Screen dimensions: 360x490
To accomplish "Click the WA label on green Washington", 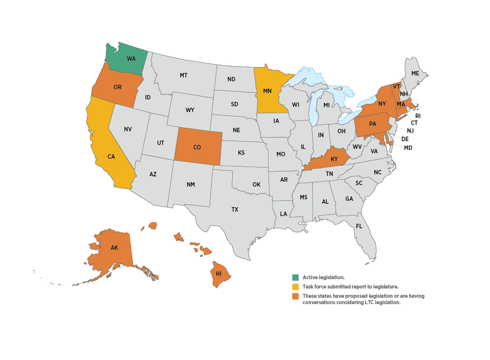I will pyautogui.click(x=131, y=59).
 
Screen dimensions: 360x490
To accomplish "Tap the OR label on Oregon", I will pyautogui.click(x=118, y=87).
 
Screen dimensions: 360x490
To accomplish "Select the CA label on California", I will pyautogui.click(x=111, y=157).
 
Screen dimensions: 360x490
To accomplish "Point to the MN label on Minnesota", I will pyautogui.click(x=268, y=91).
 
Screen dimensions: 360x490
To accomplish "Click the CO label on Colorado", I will pyautogui.click(x=197, y=147).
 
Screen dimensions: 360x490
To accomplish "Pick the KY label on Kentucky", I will pyautogui.click(x=335, y=159).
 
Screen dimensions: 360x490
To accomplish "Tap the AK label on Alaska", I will pyautogui.click(x=114, y=248).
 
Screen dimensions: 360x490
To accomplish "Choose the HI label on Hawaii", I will pyautogui.click(x=219, y=273).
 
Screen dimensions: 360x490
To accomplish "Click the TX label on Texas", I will pyautogui.click(x=235, y=209).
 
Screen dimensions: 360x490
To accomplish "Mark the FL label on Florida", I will pyautogui.click(x=359, y=226).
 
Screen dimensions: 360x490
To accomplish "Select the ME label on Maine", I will pyautogui.click(x=415, y=73).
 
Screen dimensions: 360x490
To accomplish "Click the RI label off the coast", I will pyautogui.click(x=418, y=116).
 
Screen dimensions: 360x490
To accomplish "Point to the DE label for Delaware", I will pyautogui.click(x=405, y=139).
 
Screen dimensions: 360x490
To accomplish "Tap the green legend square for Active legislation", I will pyautogui.click(x=295, y=277).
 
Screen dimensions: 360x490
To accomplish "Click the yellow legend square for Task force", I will pyautogui.click(x=295, y=287).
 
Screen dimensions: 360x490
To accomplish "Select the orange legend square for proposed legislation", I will pyautogui.click(x=295, y=296).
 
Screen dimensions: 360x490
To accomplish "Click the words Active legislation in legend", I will pyautogui.click(x=323, y=277).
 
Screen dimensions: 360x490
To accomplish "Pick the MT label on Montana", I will pyautogui.click(x=184, y=75).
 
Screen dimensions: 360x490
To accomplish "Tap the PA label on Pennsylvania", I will pyautogui.click(x=373, y=124).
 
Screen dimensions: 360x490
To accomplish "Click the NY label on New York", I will pyautogui.click(x=383, y=103).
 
